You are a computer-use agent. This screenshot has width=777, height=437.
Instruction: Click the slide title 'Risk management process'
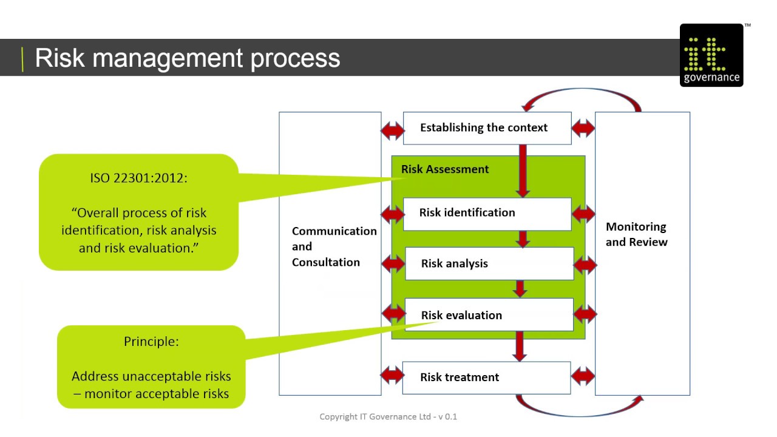[x=187, y=58]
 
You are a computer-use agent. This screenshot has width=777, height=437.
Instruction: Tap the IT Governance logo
[x=711, y=56]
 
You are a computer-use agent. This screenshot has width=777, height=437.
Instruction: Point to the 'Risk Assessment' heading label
[x=444, y=169]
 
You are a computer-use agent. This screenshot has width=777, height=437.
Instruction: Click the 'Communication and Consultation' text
[x=333, y=246]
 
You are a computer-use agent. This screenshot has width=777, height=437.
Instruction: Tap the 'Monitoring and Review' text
[x=636, y=234]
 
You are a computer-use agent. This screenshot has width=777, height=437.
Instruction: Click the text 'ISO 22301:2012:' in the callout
[x=138, y=178]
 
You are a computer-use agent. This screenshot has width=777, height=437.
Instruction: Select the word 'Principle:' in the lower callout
[x=151, y=342]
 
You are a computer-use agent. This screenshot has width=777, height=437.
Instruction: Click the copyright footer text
[x=388, y=416]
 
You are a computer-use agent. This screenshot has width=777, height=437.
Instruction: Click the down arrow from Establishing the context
[x=523, y=170]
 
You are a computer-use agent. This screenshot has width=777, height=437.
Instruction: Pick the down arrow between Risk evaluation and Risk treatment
[x=519, y=346]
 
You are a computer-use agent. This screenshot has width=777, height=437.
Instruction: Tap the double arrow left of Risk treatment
[x=392, y=375]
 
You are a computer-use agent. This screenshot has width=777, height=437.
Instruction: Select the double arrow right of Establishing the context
[x=583, y=128]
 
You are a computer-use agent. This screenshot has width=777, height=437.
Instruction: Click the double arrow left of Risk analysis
[x=393, y=263]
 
